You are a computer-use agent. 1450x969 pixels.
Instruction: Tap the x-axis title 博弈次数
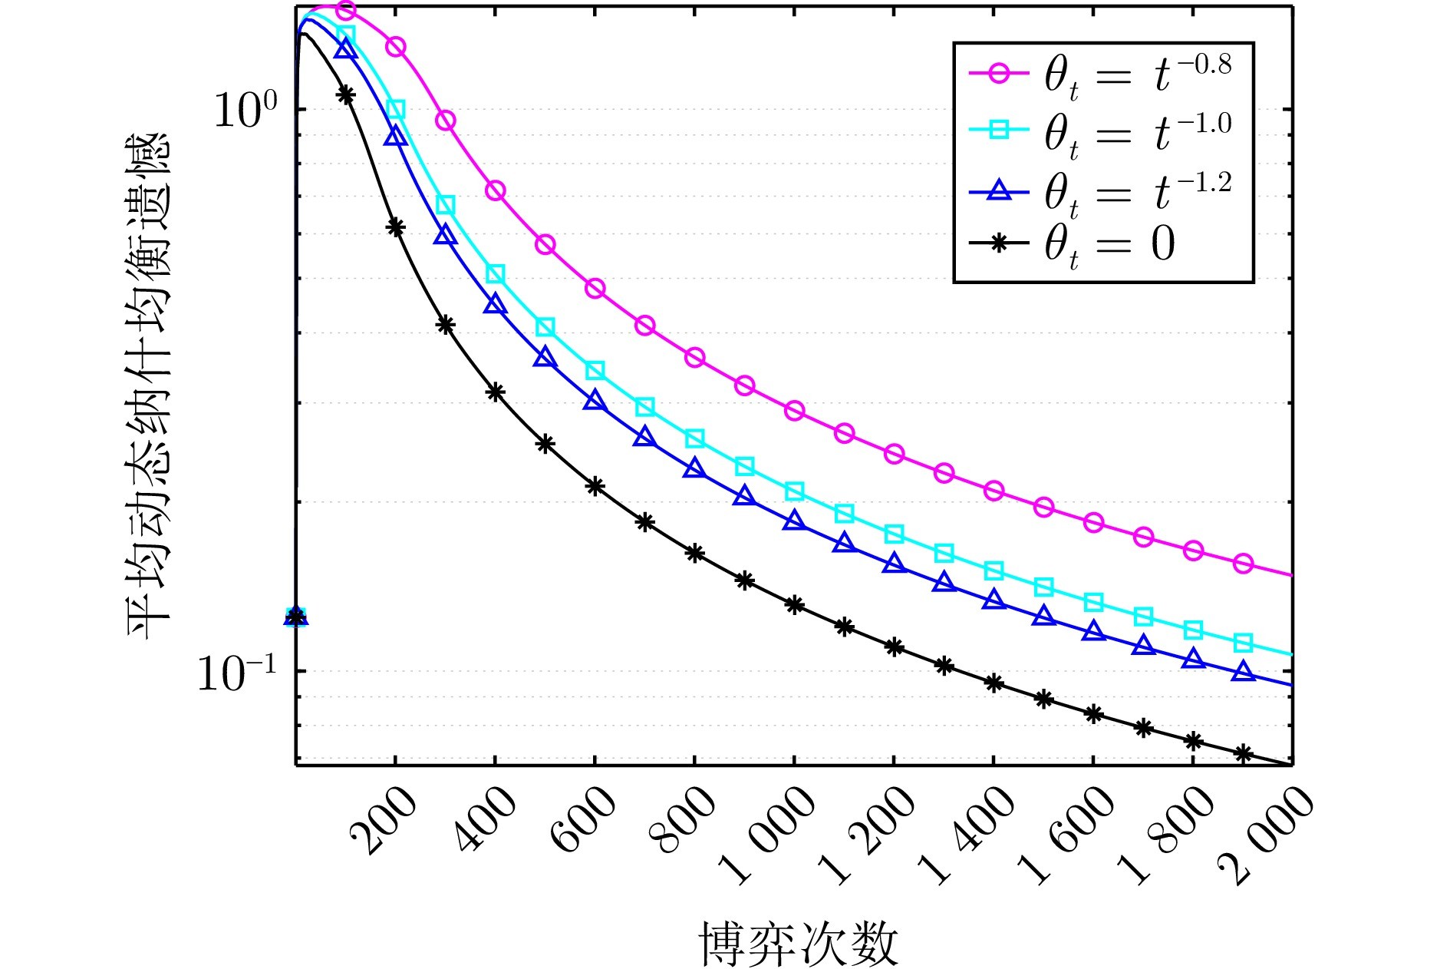[x=798, y=943]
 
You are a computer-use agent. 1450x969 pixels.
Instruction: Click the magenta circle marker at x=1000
[x=794, y=411]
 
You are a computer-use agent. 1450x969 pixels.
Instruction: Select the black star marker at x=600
[x=595, y=486]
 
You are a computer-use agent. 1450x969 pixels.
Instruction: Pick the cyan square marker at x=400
[x=495, y=274]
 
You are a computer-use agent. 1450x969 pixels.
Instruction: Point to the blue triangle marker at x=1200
[x=894, y=564]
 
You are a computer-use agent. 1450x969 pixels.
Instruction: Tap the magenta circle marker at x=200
[x=395, y=46]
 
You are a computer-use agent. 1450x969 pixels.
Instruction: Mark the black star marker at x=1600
[x=1093, y=714]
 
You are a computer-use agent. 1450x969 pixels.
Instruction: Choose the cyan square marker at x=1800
[x=1193, y=630]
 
